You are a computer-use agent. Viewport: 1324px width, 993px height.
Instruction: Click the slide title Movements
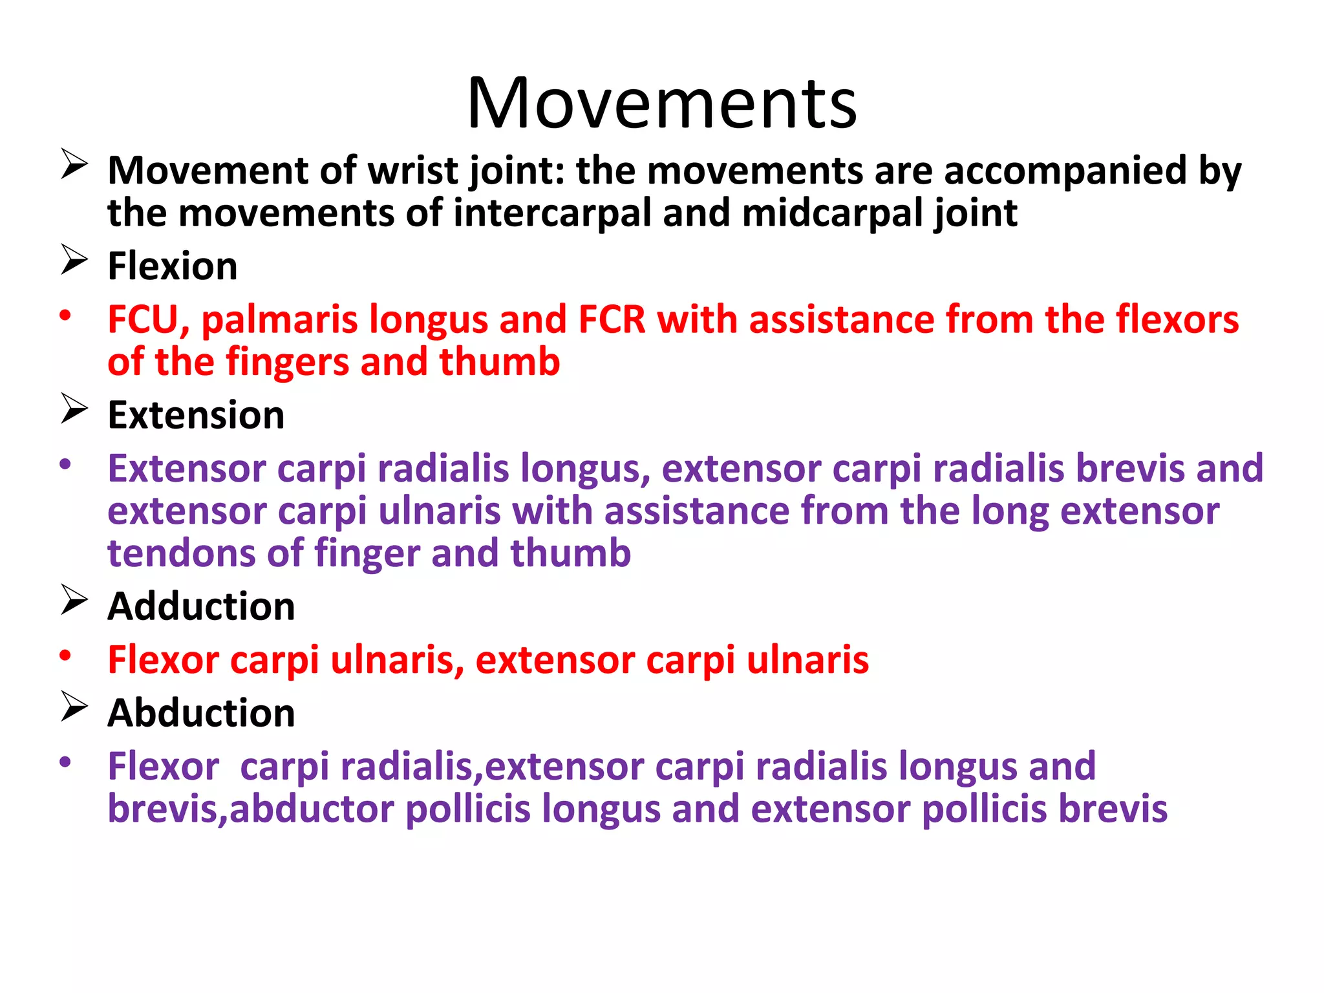pyautogui.click(x=661, y=103)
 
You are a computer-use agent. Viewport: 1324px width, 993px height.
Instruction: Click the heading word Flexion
pyautogui.click(x=173, y=266)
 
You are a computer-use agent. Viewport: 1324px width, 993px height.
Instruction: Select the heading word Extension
pyautogui.click(x=196, y=414)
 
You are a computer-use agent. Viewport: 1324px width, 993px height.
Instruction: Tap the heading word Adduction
pyautogui.click(x=201, y=606)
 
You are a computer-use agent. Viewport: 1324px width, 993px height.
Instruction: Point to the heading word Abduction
pyautogui.click(x=201, y=712)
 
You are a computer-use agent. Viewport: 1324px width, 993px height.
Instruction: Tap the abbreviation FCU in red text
pyautogui.click(x=144, y=319)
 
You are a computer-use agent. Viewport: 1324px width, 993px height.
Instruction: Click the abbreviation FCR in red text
pyautogui.click(x=612, y=319)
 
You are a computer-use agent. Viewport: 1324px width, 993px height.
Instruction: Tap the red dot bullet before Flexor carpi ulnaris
pyautogui.click(x=65, y=655)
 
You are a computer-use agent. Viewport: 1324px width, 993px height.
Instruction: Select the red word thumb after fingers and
pyautogui.click(x=499, y=361)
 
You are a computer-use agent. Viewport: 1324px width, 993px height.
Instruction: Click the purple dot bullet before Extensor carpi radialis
pyautogui.click(x=65, y=464)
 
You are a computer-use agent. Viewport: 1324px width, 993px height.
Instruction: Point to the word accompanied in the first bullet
pyautogui.click(x=1065, y=171)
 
